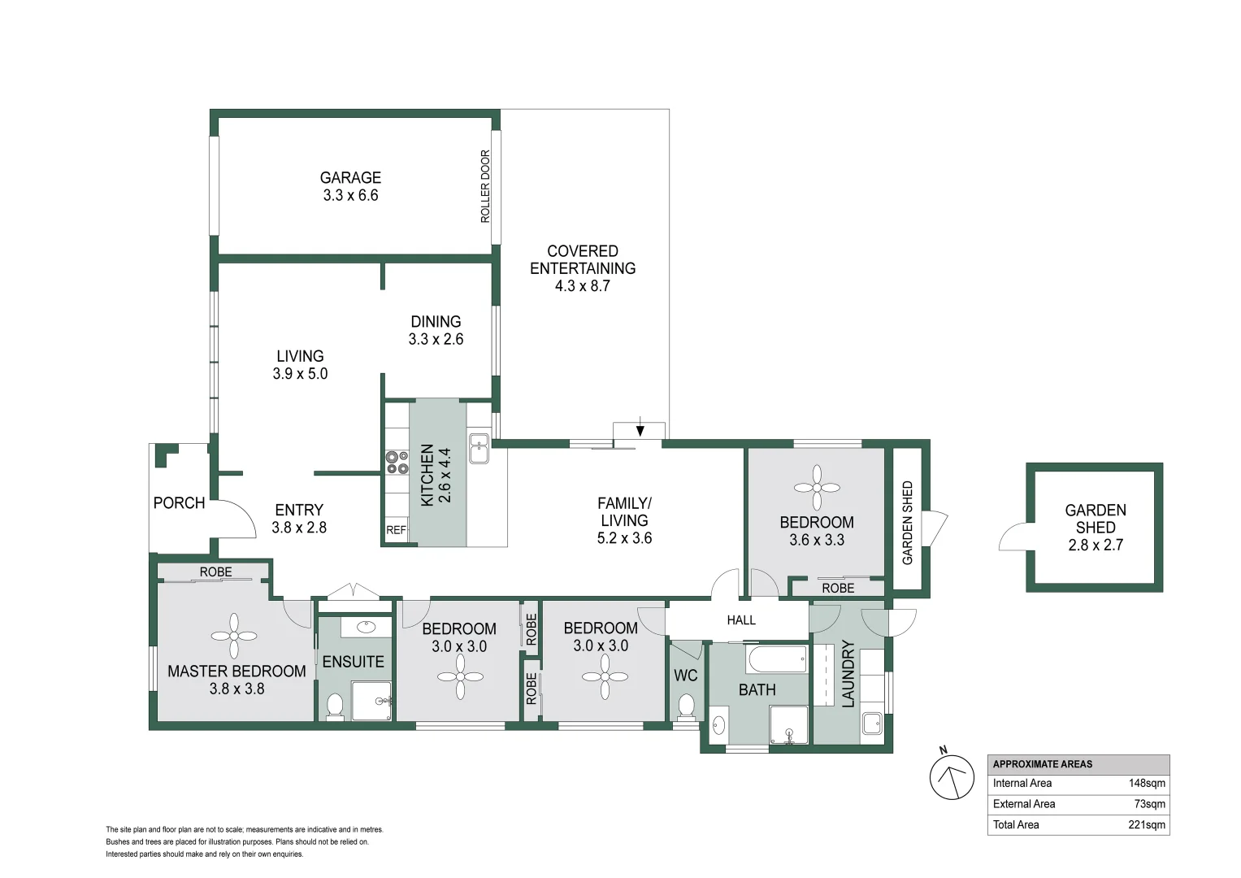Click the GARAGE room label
pyautogui.click(x=351, y=177)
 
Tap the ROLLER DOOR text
pyautogui.click(x=485, y=186)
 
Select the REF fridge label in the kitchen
pyautogui.click(x=396, y=530)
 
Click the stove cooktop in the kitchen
pyautogui.click(x=396, y=463)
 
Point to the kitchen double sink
pyautogui.click(x=479, y=449)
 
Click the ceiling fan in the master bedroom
pyautogui.click(x=234, y=636)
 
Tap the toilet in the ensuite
pyautogui.click(x=335, y=707)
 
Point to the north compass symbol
pyautogui.click(x=952, y=776)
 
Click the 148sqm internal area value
pyautogui.click(x=1147, y=783)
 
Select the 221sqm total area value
pyautogui.click(x=1147, y=825)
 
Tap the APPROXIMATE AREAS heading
pyautogui.click(x=1042, y=764)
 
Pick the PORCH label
pyautogui.click(x=179, y=502)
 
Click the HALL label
pyautogui.click(x=741, y=619)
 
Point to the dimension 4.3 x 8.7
pyautogui.click(x=582, y=286)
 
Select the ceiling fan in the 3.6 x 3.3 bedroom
pyautogui.click(x=817, y=488)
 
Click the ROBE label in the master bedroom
pyautogui.click(x=216, y=572)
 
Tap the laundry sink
pyautogui.click(x=872, y=723)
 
